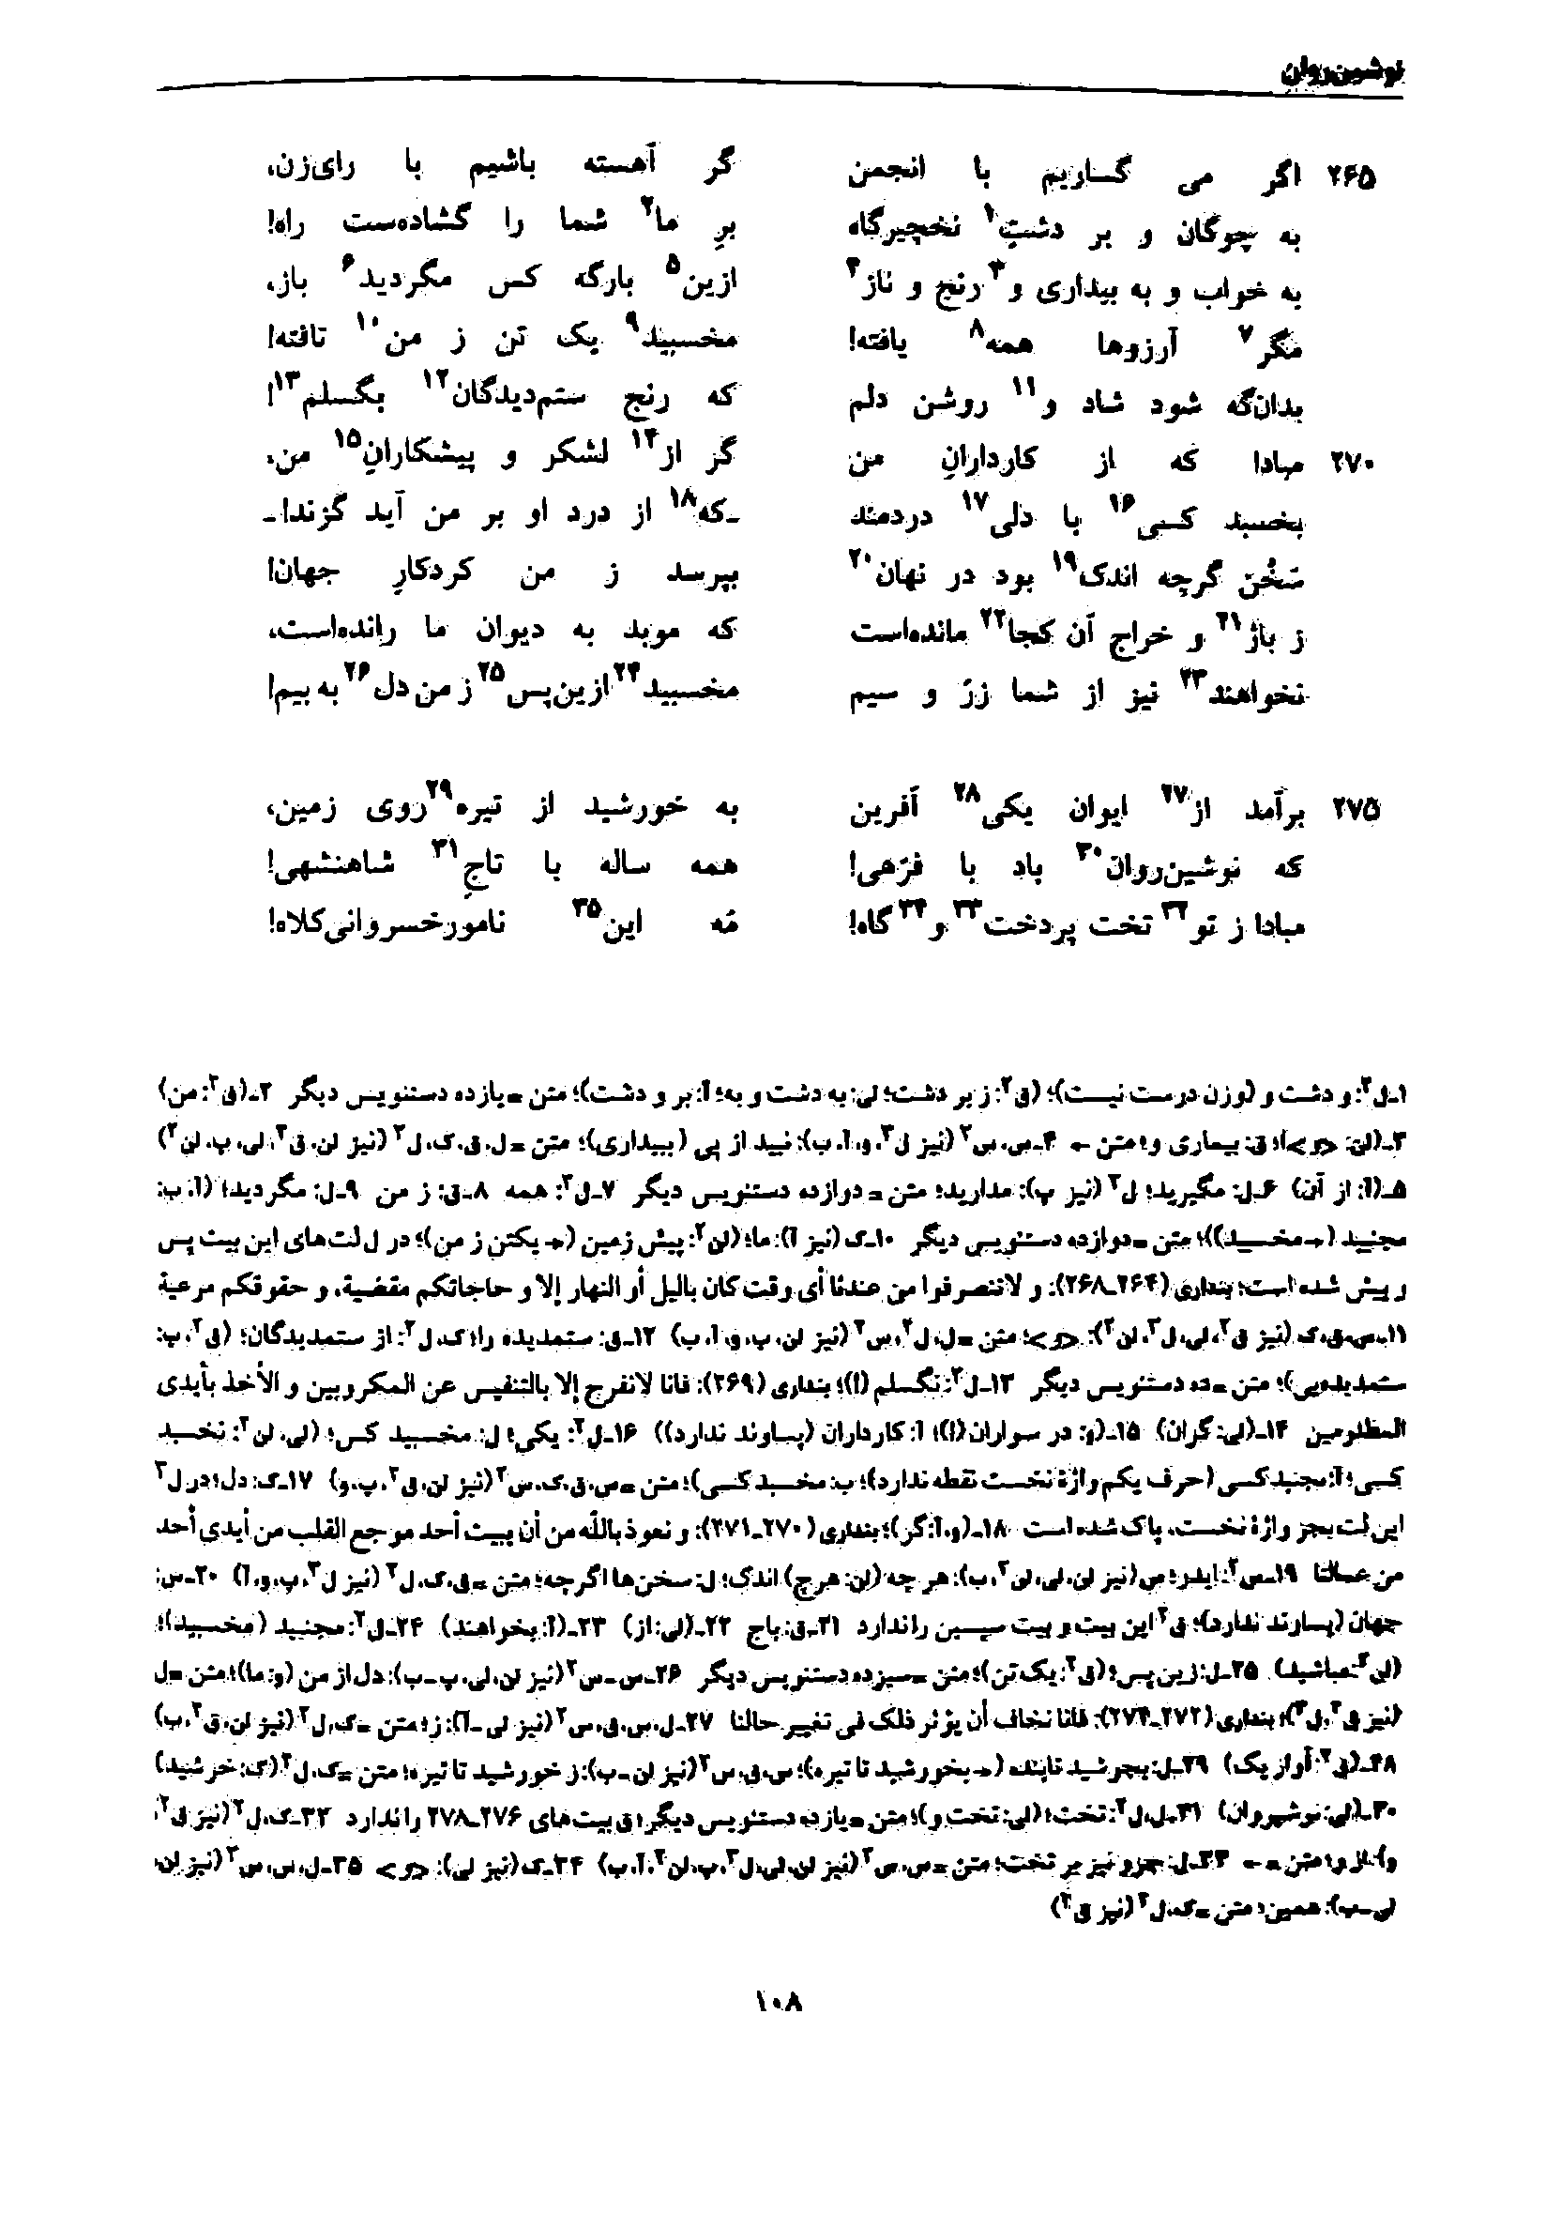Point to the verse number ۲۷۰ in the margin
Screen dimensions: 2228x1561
(1350, 465)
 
